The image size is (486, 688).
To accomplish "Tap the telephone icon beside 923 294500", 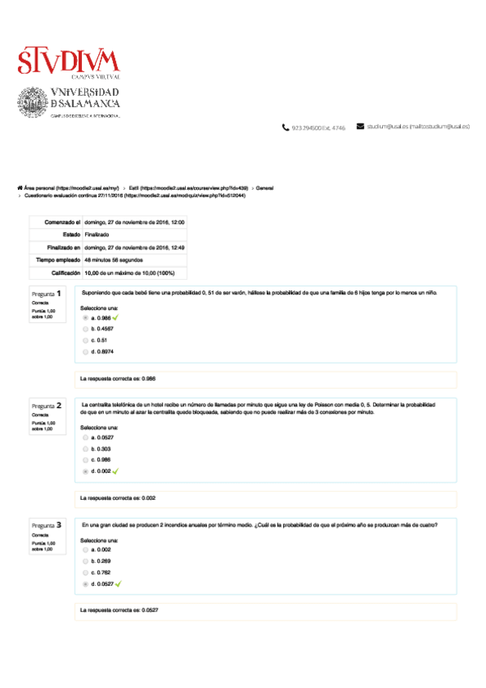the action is (285, 127).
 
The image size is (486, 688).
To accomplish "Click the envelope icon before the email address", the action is (360, 127).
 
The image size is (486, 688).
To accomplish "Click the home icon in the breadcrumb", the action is (19, 187).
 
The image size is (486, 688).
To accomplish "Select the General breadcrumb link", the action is (265, 187).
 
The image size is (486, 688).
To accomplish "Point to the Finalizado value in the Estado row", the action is (97, 234).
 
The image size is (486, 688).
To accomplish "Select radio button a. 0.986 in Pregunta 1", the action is (86, 318).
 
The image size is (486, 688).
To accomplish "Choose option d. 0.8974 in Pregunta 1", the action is (86, 351).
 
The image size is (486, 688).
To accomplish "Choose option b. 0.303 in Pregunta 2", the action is (86, 448).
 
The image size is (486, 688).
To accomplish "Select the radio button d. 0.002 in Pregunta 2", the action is (86, 471).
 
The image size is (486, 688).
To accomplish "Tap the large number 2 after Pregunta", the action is (58, 404).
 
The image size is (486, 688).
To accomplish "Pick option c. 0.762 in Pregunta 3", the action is (86, 572).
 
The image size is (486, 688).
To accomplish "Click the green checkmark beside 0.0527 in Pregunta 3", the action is (118, 583).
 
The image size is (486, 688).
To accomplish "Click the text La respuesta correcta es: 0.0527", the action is (118, 609).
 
